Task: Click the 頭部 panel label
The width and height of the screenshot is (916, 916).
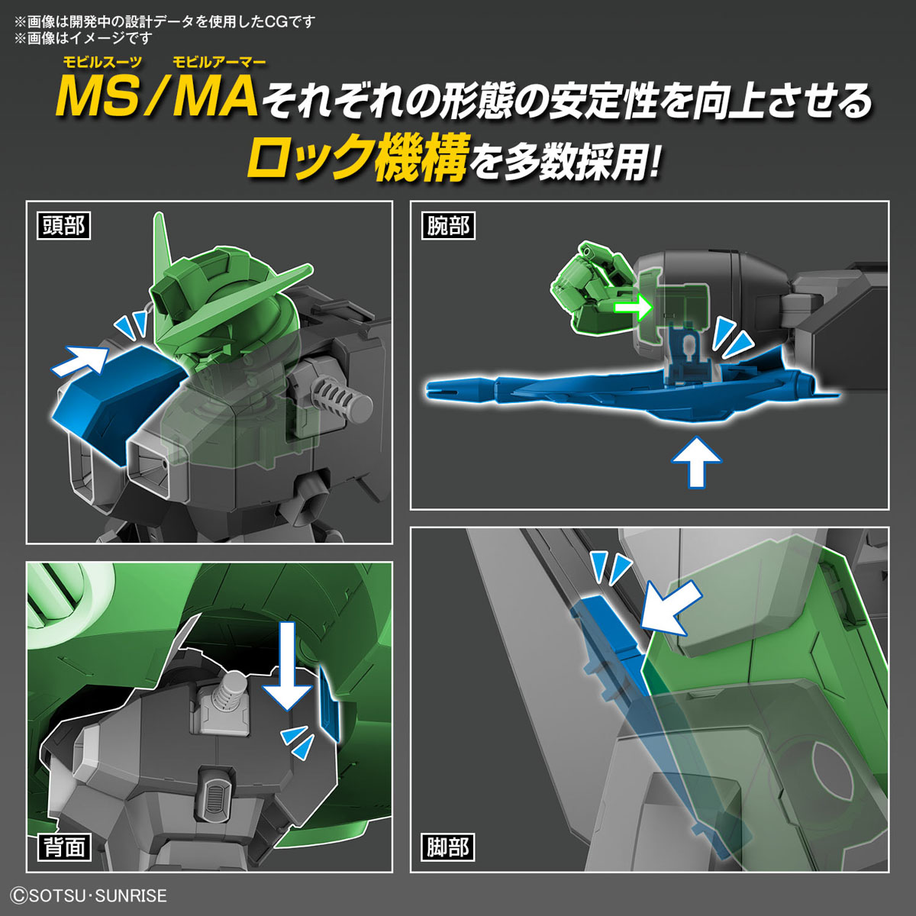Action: (63, 226)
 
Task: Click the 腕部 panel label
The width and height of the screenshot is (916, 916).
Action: (448, 226)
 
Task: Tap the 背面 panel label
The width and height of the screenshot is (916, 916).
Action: (63, 847)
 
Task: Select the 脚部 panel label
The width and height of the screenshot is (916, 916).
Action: (448, 847)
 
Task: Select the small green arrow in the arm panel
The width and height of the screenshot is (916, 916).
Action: (634, 307)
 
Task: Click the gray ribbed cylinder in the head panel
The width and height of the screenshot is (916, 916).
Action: (339, 398)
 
